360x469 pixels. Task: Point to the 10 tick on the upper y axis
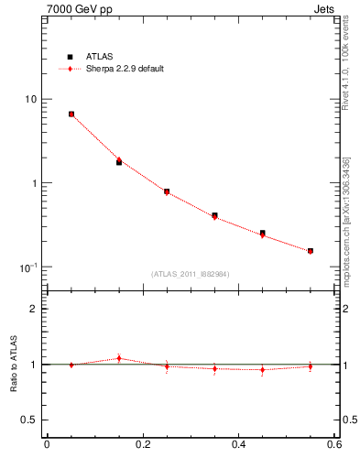(30, 99)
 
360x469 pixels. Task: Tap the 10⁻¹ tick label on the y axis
(27, 267)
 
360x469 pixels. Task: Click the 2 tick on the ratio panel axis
(34, 309)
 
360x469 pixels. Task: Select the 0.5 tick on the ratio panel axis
(29, 420)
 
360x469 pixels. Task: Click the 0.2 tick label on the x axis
(143, 446)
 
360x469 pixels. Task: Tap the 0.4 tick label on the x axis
(239, 446)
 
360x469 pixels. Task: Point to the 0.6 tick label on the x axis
(334, 446)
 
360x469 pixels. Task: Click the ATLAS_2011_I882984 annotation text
(191, 274)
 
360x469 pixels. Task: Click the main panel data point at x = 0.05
(71, 115)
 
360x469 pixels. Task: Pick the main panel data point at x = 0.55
(311, 251)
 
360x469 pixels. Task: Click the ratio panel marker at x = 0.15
(119, 358)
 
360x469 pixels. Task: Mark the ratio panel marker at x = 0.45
(263, 370)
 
